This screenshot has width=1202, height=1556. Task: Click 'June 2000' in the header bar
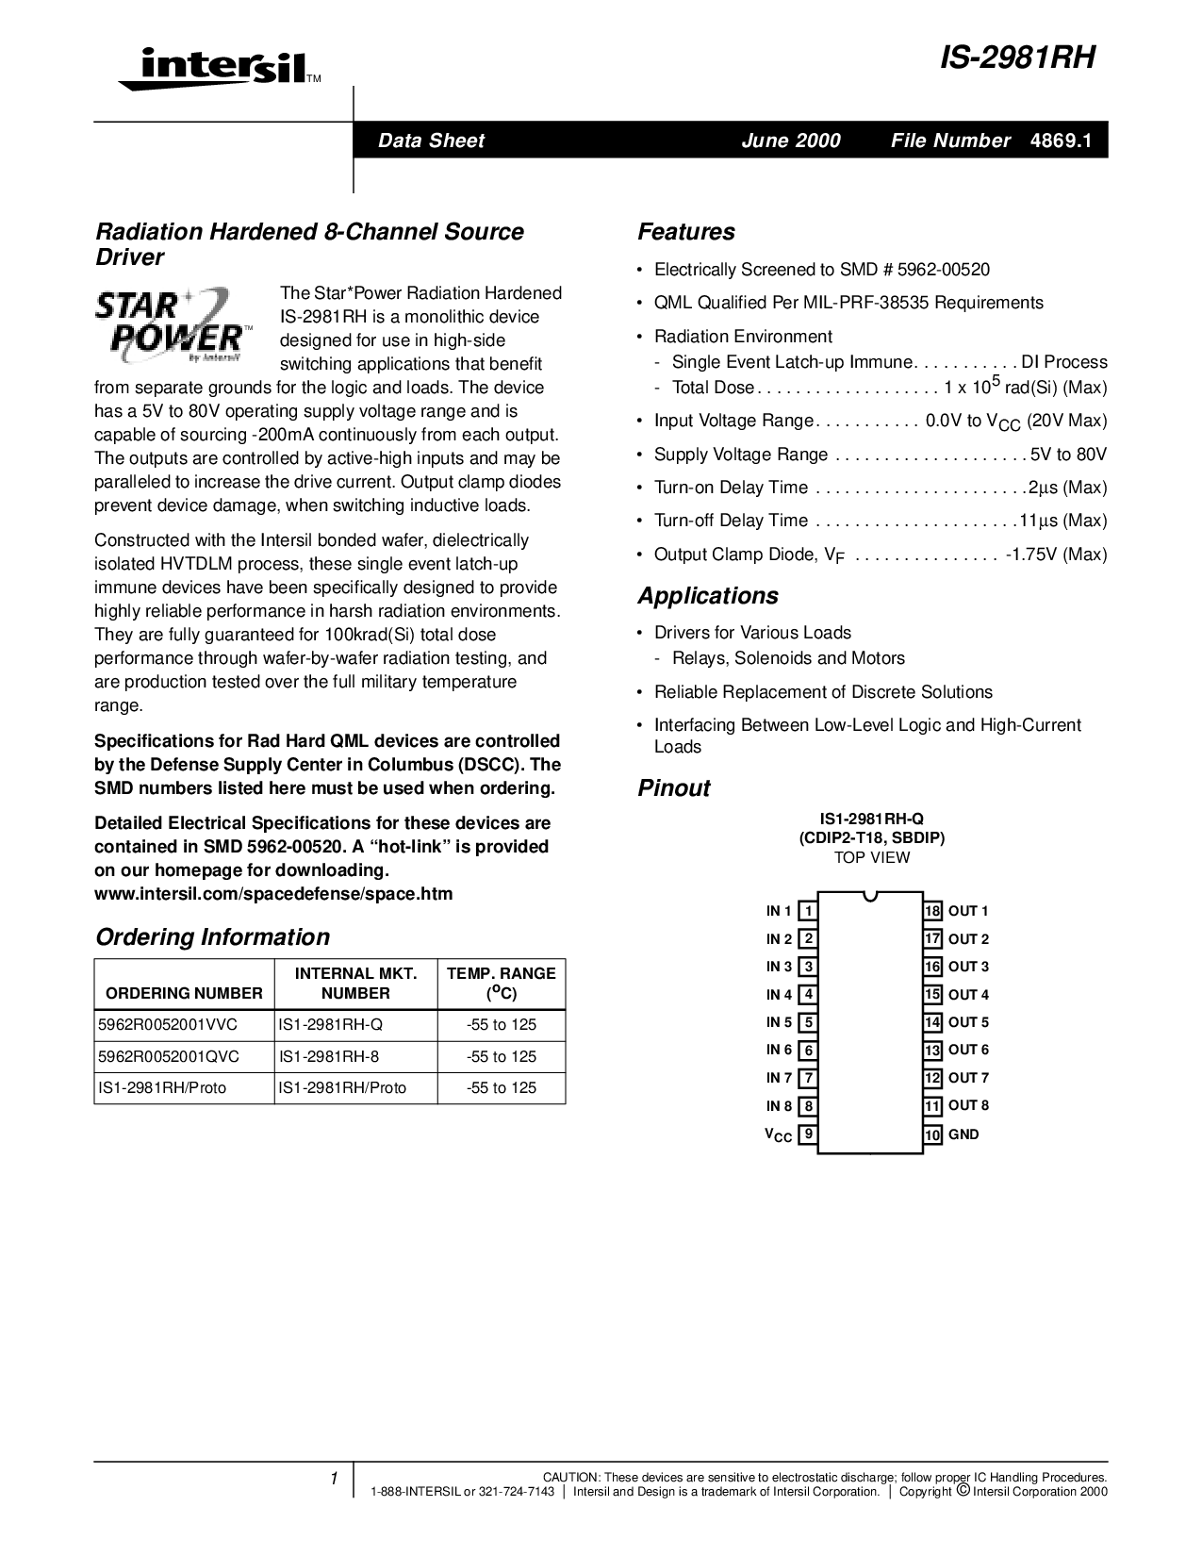coord(790,141)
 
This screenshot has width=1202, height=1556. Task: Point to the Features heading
coord(685,232)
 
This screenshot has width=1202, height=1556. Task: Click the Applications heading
coord(707,596)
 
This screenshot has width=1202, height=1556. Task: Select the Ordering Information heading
coord(212,936)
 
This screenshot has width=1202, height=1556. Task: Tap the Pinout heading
coord(673,788)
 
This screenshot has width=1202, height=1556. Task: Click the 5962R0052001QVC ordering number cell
coord(169,1056)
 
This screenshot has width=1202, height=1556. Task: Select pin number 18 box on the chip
coord(932,911)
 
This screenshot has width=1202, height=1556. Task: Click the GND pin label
coord(963,1134)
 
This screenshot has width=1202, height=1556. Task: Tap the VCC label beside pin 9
coord(778,1135)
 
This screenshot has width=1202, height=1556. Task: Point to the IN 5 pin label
coord(779,1022)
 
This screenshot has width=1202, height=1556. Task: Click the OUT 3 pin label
coord(968,967)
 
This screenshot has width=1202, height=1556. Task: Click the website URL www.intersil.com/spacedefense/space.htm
coord(273,894)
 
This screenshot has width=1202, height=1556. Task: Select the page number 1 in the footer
coord(334,1480)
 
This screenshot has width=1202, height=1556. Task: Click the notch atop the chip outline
coord(870,895)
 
